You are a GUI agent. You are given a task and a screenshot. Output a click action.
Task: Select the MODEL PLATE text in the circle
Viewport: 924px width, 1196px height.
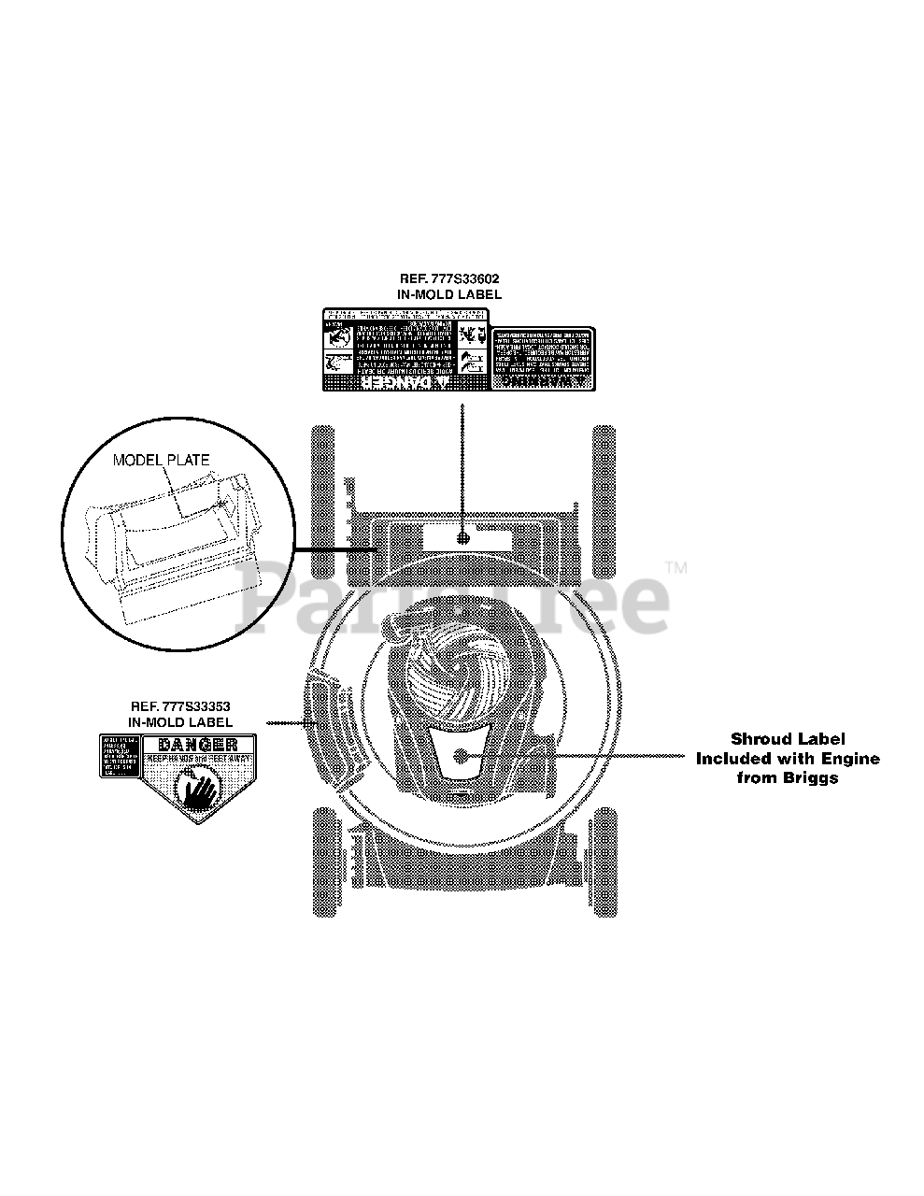pyautogui.click(x=161, y=460)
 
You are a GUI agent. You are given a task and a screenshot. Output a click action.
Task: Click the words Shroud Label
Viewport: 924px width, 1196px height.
pyautogui.click(x=787, y=740)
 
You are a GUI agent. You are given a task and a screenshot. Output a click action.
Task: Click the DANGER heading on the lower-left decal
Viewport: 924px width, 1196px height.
pyautogui.click(x=197, y=745)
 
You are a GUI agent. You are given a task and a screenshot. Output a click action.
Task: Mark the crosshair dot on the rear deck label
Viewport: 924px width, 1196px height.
pyautogui.click(x=462, y=538)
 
